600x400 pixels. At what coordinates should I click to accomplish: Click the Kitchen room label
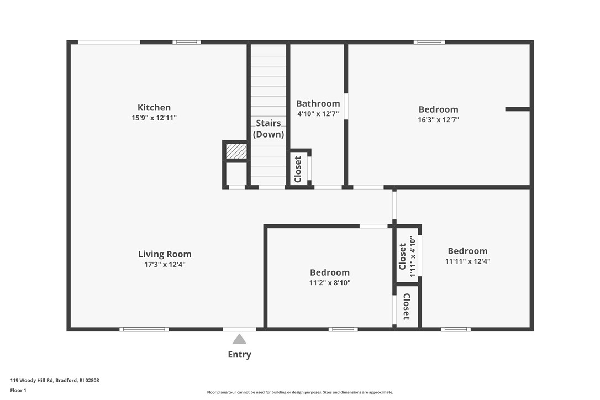coord(154,108)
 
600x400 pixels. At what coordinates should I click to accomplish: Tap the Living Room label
coord(165,254)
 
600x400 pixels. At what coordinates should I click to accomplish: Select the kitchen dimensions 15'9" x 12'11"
coord(154,118)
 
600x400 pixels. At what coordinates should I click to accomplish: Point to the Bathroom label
coord(318,103)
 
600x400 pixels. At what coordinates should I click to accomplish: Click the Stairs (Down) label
coord(269,129)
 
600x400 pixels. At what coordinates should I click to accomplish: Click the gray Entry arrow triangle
coord(239,339)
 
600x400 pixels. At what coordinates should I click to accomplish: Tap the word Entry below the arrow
coord(239,355)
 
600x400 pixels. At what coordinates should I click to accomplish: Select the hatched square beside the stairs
coord(236,151)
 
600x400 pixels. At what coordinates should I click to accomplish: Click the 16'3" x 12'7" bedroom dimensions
coord(438,119)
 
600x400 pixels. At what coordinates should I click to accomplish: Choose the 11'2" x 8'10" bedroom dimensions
coord(329,282)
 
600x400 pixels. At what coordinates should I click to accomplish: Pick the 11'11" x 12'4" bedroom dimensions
coord(467,261)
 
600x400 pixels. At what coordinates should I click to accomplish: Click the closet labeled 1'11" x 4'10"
coord(407,256)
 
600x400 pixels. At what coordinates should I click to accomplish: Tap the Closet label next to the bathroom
coord(298,169)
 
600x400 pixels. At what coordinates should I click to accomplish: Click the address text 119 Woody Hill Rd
coord(55,380)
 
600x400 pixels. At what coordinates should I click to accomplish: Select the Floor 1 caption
coord(18,390)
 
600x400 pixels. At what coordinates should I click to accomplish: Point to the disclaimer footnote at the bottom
coord(300,392)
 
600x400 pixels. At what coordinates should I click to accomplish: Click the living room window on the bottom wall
coord(144,329)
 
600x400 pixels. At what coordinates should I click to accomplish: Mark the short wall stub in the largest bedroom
coord(517,109)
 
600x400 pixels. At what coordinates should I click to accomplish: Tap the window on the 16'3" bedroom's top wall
coord(429,42)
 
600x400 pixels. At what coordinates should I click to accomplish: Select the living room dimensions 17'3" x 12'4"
coord(165,265)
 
